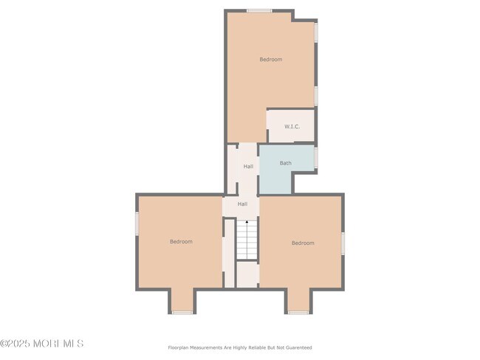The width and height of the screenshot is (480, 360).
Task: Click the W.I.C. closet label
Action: point(292,126)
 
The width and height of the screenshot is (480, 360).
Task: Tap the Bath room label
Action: point(286,163)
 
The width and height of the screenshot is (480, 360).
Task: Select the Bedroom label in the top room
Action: point(271,59)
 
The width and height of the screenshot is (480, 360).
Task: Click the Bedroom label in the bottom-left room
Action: point(181,242)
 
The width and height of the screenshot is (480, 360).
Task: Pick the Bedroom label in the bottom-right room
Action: point(303,243)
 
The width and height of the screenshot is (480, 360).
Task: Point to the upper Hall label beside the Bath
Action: point(248,167)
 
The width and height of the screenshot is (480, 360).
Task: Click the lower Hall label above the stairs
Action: point(242,204)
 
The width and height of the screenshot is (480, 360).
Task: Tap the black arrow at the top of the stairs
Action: point(247,222)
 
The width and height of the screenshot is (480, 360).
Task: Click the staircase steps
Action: point(247,240)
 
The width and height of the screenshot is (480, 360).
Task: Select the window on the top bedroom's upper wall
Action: point(259,11)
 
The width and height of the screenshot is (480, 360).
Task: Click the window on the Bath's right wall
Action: point(316,158)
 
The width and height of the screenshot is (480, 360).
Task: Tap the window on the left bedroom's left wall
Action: point(137,224)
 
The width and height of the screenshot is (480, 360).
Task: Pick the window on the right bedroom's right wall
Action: point(343,243)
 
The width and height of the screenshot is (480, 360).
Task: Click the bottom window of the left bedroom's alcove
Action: point(182,313)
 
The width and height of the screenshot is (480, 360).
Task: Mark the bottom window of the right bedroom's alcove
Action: point(298,313)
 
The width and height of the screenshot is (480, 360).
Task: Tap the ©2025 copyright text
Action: point(15,344)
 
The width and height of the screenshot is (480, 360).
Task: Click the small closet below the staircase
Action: point(247,274)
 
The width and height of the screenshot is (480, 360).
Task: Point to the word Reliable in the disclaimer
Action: point(257,347)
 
